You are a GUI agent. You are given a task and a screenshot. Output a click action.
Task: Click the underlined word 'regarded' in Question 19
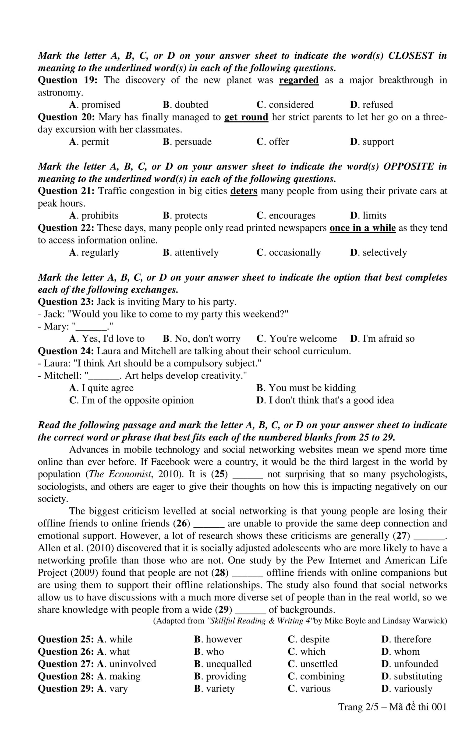click(299, 80)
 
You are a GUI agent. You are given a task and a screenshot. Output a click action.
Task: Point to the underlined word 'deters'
click(244, 191)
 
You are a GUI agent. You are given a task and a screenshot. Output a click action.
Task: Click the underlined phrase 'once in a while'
click(362, 228)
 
